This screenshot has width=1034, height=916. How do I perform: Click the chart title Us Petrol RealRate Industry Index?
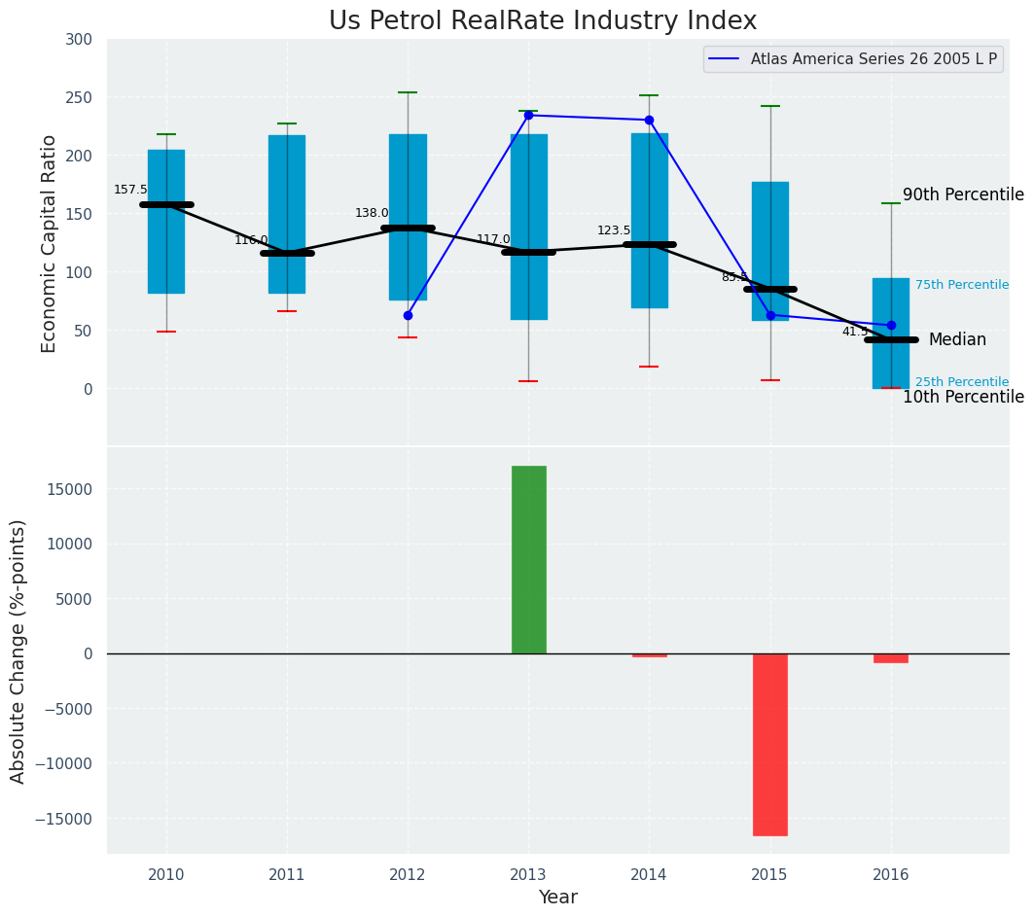coord(542,21)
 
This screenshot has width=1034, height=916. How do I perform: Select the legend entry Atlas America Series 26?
coord(873,59)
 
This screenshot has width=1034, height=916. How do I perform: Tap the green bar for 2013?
coord(528,559)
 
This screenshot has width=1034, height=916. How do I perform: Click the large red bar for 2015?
coord(769,744)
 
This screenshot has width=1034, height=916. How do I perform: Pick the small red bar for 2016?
coord(890,658)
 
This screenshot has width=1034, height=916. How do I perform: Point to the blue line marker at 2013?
coord(528,115)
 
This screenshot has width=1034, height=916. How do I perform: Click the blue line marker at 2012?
coord(408,315)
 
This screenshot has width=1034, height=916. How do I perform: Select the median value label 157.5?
coord(130,190)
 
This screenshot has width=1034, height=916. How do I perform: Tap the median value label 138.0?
coord(372,213)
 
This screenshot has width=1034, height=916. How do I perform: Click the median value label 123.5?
coord(614,230)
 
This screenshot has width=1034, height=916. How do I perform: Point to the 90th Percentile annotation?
coord(963,194)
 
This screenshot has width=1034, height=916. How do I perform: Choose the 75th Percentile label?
coord(961,285)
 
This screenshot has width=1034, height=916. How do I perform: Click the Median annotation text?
coord(957,339)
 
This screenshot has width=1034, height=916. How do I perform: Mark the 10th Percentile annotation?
coord(963,397)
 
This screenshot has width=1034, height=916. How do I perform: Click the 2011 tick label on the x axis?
coord(287,874)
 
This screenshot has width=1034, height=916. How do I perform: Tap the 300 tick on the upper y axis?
coord(80,39)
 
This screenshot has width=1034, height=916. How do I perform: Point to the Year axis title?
coord(558,898)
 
